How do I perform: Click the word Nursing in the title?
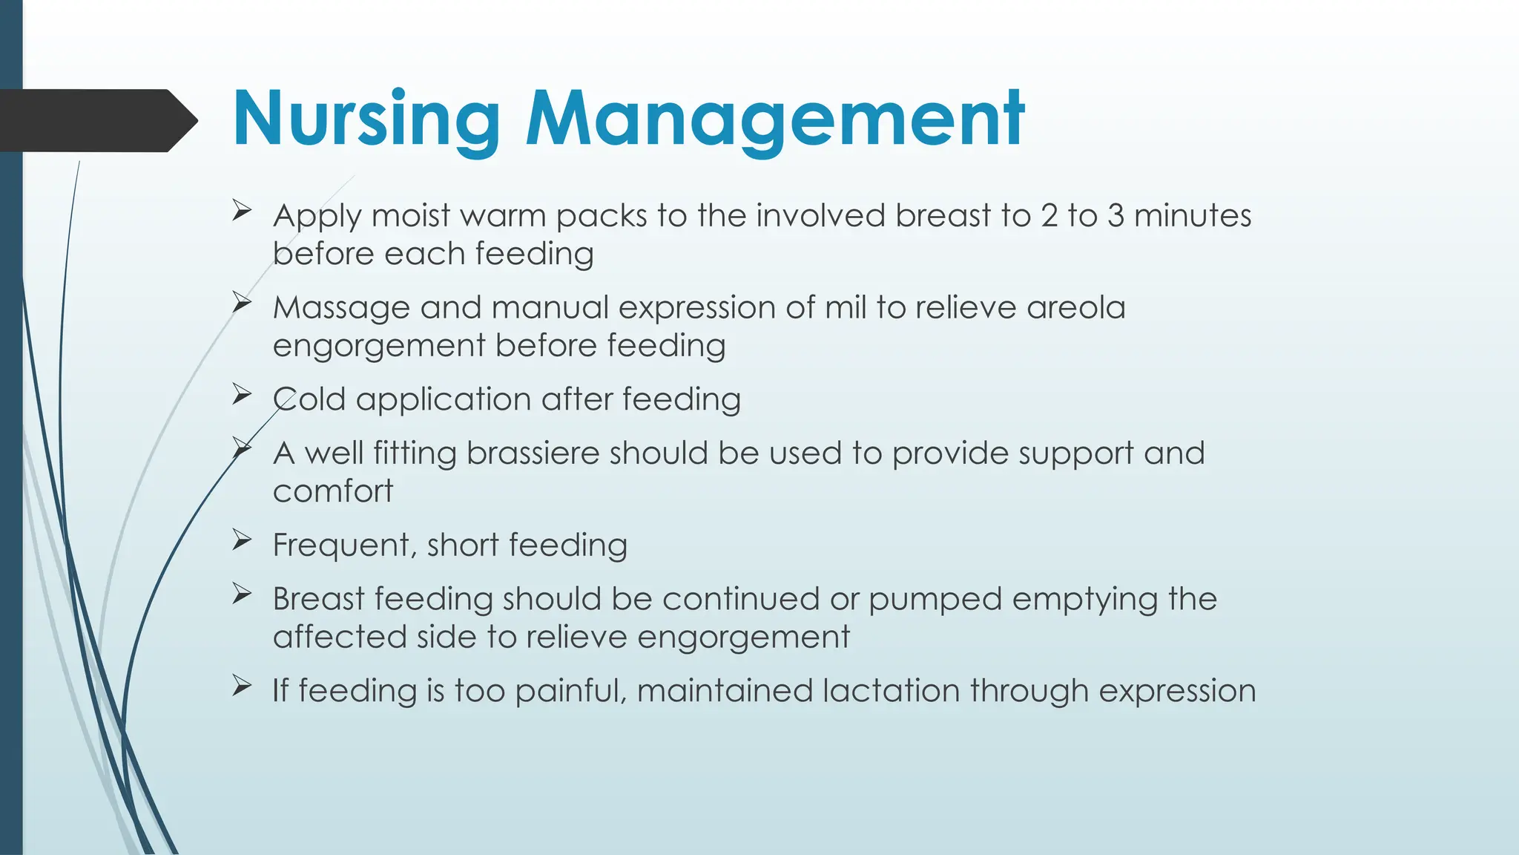click(366, 119)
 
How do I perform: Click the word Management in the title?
click(775, 119)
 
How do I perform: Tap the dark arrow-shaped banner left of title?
click(96, 120)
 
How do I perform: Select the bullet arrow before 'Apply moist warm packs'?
click(241, 211)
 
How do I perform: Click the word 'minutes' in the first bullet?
click(1193, 216)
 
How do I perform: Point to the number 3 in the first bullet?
click(1115, 216)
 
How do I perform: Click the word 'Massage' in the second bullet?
click(340, 308)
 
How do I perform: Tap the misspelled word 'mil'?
click(845, 307)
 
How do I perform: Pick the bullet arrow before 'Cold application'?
click(241, 394)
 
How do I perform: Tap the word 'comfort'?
click(333, 491)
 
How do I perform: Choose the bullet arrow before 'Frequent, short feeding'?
click(241, 540)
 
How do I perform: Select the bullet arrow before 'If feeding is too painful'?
click(241, 685)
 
